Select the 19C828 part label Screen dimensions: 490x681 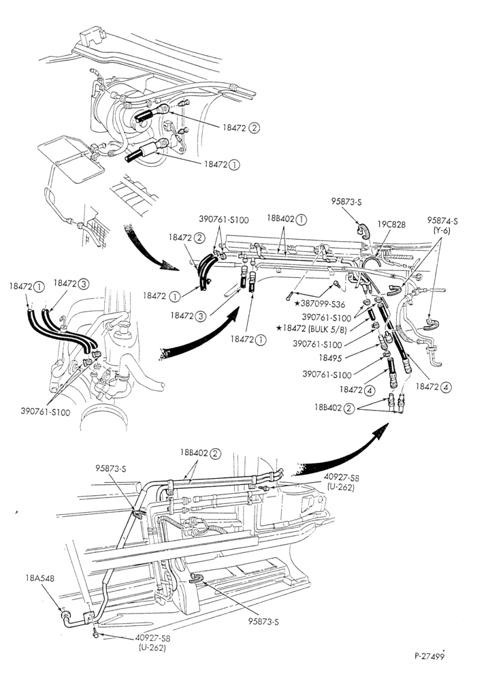(391, 225)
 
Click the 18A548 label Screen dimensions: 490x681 (40, 578)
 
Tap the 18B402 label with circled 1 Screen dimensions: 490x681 (287, 220)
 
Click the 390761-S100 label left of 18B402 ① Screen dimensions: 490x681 (224, 219)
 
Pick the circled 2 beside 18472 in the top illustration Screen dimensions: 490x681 (255, 128)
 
